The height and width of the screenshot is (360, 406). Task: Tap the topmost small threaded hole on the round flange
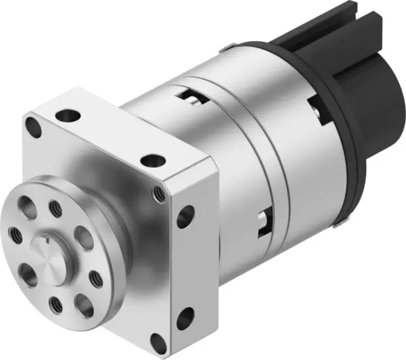click(55, 206)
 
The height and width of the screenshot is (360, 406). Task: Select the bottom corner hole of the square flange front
click(158, 343)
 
